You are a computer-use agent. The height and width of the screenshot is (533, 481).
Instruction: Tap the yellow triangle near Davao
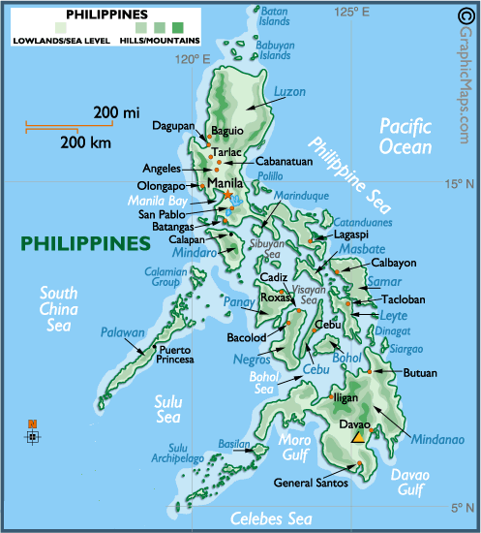click(358, 437)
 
